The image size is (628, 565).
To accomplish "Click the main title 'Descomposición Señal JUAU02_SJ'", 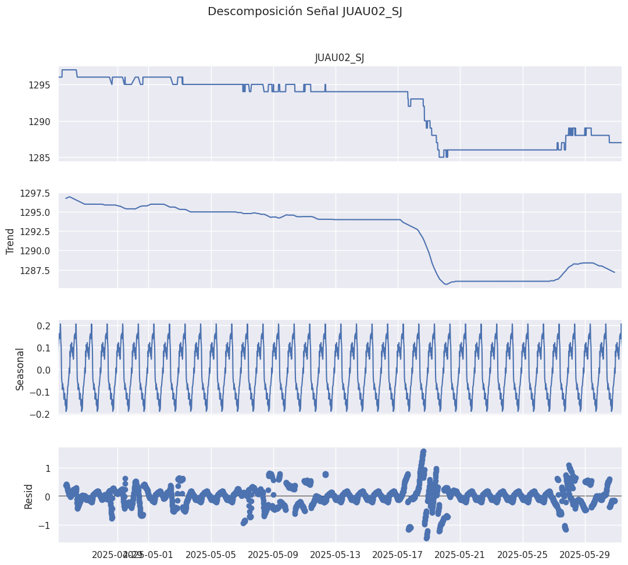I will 305,12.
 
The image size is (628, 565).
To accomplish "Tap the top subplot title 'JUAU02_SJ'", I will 340,58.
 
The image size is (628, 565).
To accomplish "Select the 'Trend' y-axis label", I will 10,241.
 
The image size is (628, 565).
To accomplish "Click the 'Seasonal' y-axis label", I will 20,369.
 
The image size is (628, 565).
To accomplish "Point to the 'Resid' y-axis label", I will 28,496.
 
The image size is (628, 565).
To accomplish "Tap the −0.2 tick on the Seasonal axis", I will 41,414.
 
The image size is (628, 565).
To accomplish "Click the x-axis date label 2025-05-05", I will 211,555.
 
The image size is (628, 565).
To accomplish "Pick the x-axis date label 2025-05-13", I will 336,555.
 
